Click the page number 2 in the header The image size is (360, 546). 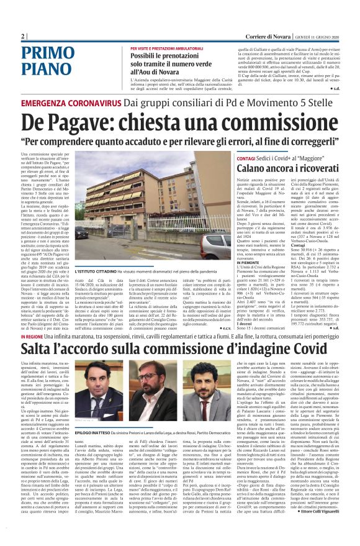[x=23, y=36]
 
